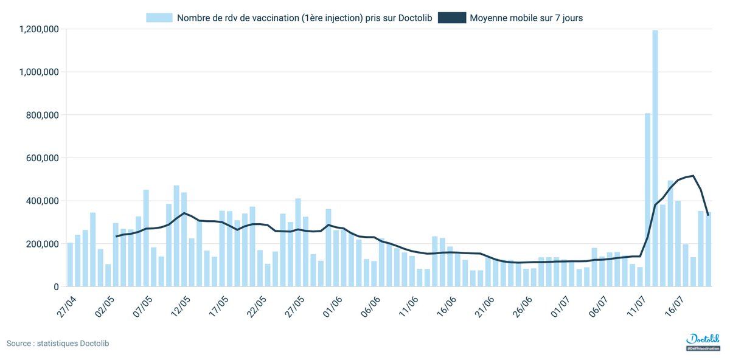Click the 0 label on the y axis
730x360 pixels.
click(55, 286)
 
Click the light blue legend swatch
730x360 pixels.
click(159, 18)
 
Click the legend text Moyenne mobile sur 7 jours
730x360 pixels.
click(526, 18)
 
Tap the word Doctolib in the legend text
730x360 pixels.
click(413, 18)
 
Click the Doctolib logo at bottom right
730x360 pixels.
click(703, 341)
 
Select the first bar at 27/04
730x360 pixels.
click(70, 265)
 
